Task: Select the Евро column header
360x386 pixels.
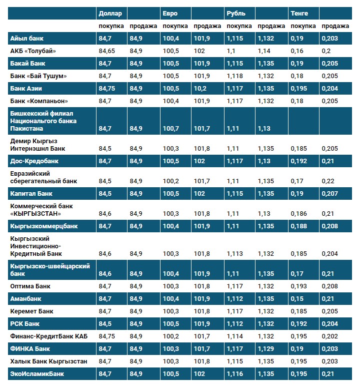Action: (170, 13)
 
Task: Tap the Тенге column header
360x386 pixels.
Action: (299, 13)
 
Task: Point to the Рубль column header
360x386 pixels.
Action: (236, 13)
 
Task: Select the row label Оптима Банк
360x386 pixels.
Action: (30, 286)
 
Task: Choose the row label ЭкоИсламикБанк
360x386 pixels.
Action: (37, 373)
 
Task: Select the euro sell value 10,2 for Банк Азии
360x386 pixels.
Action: (200, 89)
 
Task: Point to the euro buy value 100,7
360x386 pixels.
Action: (171, 129)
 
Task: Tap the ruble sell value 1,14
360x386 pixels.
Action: (264, 51)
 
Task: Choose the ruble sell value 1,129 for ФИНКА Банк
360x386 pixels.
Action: (266, 348)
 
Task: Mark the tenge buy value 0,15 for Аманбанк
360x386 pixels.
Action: (298, 299)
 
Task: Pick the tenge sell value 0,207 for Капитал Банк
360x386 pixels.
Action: (329, 193)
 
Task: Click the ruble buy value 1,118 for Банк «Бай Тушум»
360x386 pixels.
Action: (235, 76)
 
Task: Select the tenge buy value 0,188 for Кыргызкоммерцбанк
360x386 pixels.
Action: (299, 226)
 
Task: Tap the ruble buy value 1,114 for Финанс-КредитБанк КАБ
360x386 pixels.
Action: (234, 336)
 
